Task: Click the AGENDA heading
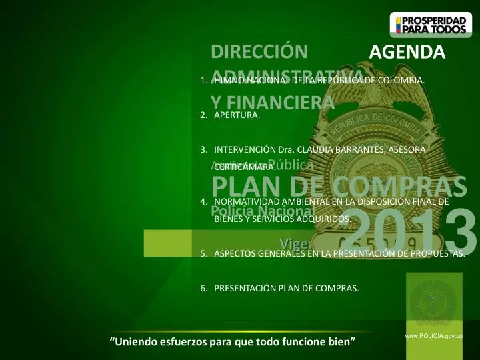407,53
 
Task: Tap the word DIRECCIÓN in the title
259,52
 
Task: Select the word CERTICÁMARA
244,167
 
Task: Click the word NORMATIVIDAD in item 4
251,201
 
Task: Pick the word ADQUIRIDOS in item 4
325,218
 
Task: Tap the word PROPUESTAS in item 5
433,253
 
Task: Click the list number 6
203,289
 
